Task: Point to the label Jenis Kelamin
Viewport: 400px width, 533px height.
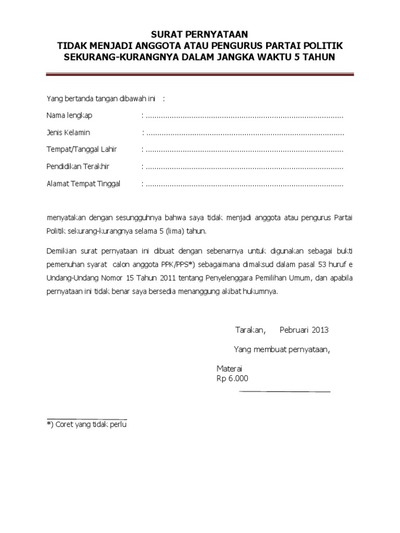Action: pos(68,133)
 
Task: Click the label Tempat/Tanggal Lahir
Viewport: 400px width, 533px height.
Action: pos(82,150)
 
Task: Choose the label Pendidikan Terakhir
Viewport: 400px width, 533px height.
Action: pos(78,167)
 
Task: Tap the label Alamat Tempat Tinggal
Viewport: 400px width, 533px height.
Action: pos(83,184)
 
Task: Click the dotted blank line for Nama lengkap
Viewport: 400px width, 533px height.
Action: pos(244,116)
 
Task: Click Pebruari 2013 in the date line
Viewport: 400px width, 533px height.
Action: pos(304,330)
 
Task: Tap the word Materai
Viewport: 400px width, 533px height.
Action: pos(230,368)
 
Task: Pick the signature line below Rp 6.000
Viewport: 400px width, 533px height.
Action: pos(284,390)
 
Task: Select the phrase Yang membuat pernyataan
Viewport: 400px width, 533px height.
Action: pos(282,349)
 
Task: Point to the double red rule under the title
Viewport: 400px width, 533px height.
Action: pos(200,76)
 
